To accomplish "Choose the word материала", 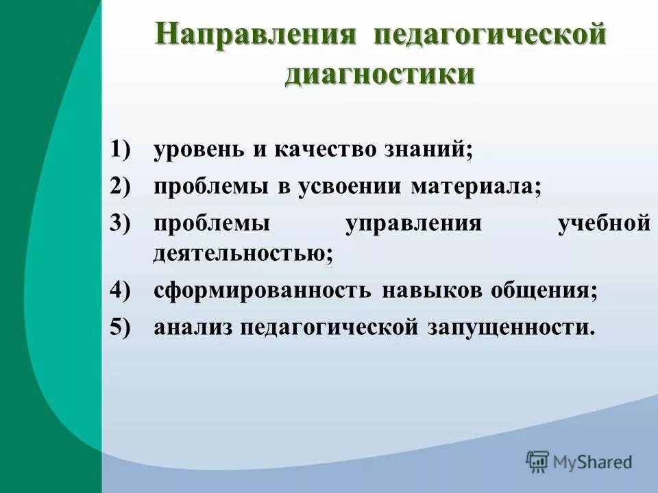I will click(x=476, y=187).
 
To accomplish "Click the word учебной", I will click(x=604, y=224).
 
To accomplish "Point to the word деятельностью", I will click(x=243, y=253).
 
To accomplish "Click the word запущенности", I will click(x=511, y=327).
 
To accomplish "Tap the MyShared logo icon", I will click(x=538, y=462).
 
